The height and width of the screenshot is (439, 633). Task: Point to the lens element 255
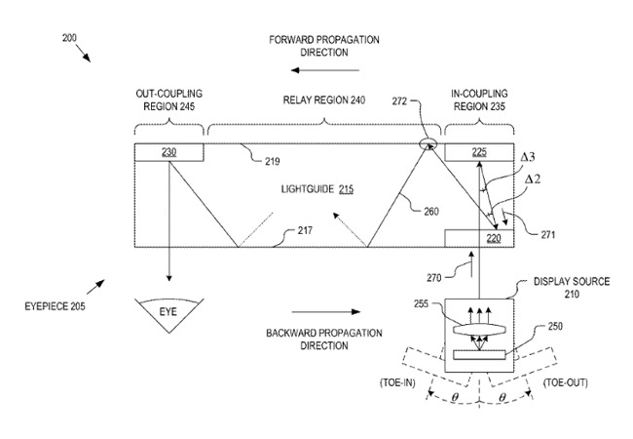pyautogui.click(x=479, y=329)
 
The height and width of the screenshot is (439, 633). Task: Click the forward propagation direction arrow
pyautogui.click(x=325, y=70)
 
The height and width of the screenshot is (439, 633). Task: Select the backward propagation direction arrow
pyautogui.click(x=326, y=311)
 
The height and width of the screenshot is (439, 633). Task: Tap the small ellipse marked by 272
pyautogui.click(x=428, y=143)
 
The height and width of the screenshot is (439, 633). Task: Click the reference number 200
pyautogui.click(x=69, y=38)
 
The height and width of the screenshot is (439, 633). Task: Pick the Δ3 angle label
pyautogui.click(x=528, y=157)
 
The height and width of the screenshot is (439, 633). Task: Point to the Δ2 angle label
pyautogui.click(x=533, y=180)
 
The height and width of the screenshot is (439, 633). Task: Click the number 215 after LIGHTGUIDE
pyautogui.click(x=346, y=189)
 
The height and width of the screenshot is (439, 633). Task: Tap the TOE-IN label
pyautogui.click(x=397, y=382)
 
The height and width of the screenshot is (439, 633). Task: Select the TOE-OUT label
pyautogui.click(x=566, y=382)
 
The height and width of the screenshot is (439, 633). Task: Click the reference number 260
pyautogui.click(x=431, y=212)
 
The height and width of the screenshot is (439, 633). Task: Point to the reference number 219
pyautogui.click(x=273, y=162)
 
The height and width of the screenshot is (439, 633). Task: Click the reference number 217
pyautogui.click(x=305, y=230)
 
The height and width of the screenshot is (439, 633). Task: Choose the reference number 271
pyautogui.click(x=548, y=234)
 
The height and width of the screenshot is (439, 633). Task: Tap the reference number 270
pyautogui.click(x=434, y=278)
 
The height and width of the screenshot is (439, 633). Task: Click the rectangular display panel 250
pyautogui.click(x=479, y=355)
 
